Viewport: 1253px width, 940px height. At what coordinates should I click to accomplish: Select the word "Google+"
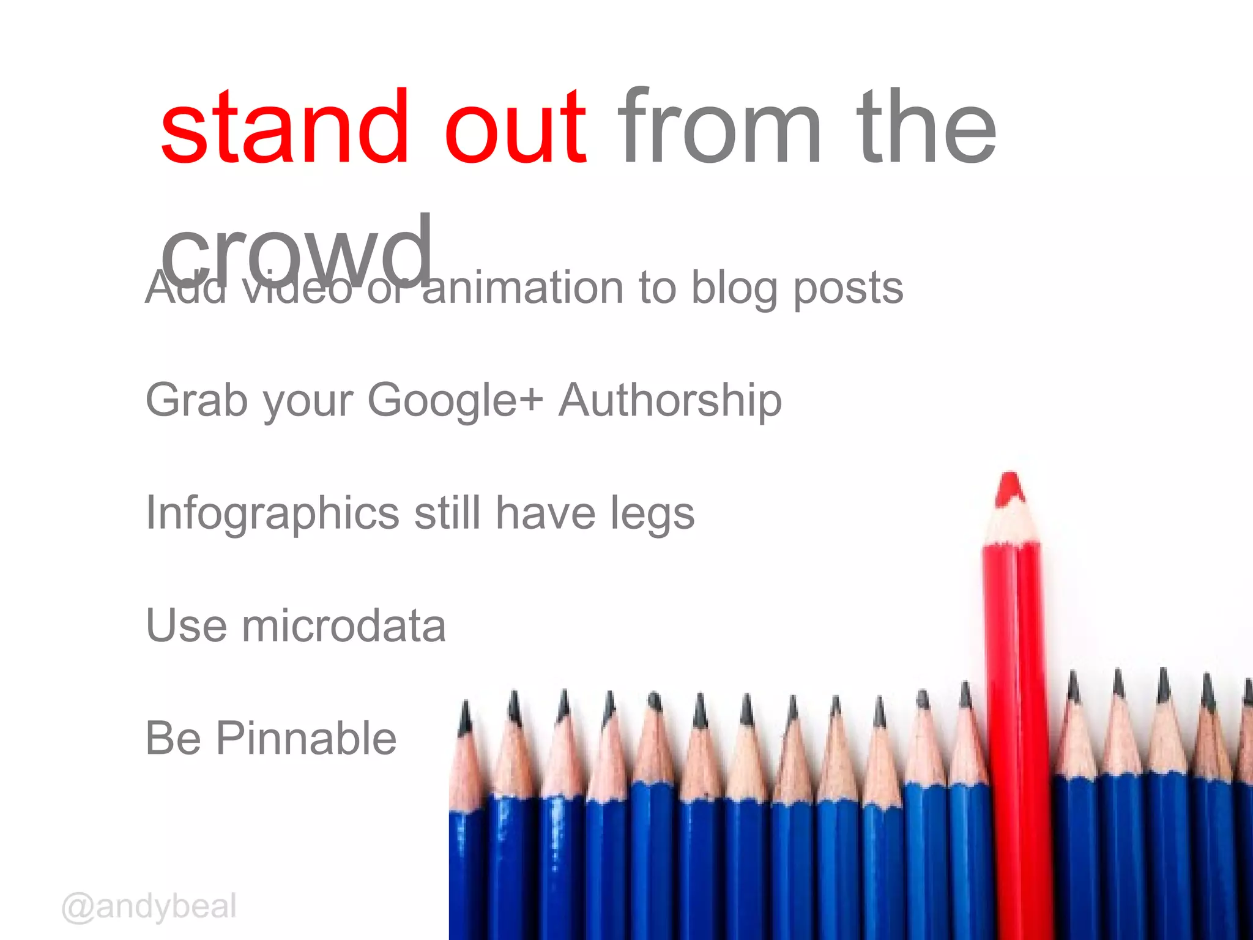click(455, 401)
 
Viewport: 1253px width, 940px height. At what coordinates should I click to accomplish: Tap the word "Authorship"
click(670, 401)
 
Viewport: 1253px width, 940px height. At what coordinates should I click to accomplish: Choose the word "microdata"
click(344, 626)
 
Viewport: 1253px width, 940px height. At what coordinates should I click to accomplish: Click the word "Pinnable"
click(307, 739)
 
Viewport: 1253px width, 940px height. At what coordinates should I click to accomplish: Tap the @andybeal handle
click(149, 907)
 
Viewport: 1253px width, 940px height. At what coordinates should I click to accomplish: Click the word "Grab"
click(196, 401)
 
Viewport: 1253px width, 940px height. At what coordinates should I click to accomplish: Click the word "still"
click(447, 513)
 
